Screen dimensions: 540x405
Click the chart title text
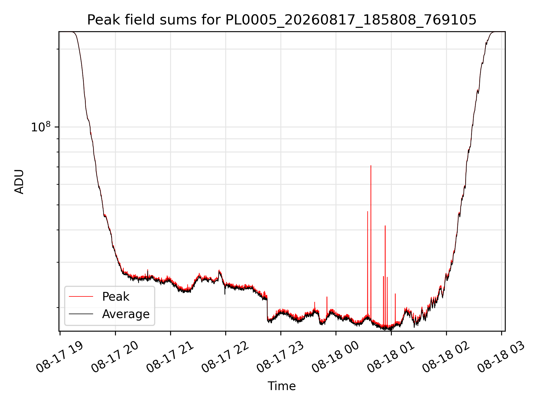point(282,20)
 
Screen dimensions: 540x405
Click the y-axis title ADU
point(19,181)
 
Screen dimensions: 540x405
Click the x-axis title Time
point(282,386)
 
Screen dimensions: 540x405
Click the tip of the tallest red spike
point(371,165)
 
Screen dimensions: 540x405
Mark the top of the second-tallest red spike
point(368,211)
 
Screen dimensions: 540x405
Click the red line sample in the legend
point(81,296)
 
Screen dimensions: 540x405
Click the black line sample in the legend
point(81,314)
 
